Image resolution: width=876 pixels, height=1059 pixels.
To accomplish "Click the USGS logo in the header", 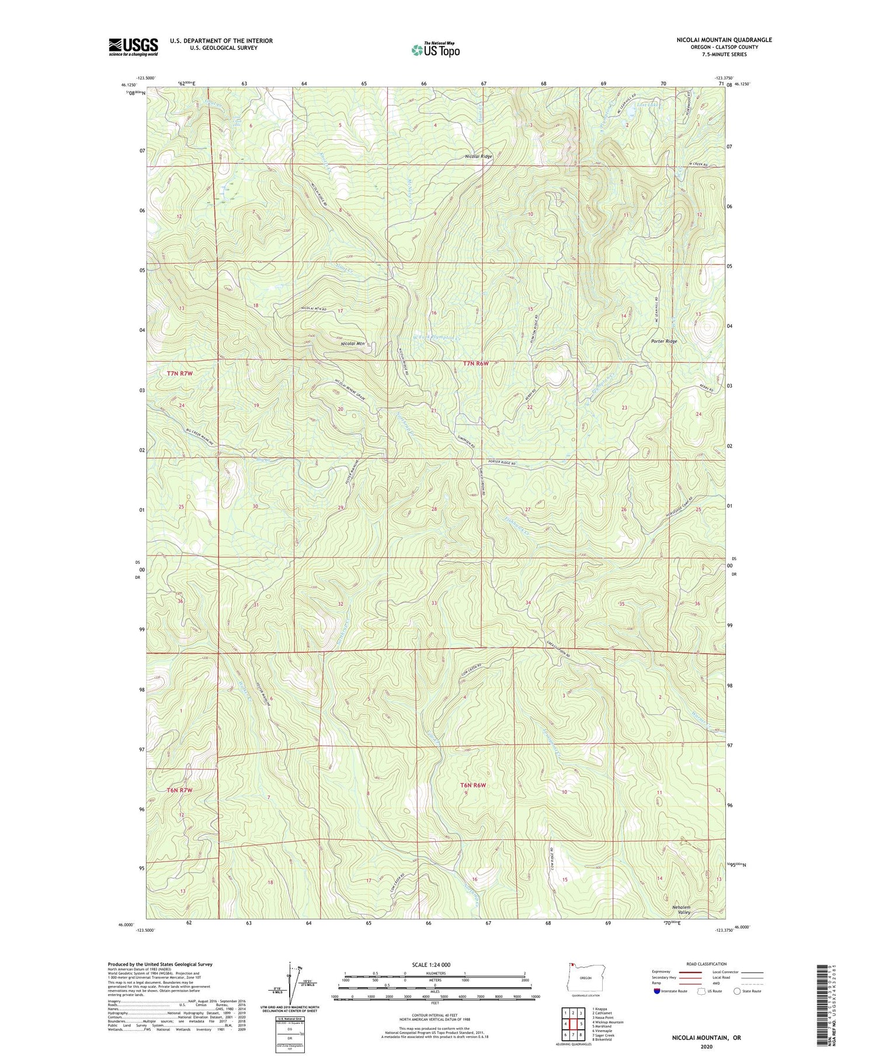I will (133, 47).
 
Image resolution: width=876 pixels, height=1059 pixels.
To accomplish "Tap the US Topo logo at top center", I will (435, 50).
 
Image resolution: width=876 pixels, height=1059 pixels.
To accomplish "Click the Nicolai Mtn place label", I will (353, 344).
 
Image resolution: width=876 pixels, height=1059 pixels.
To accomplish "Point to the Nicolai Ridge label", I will (478, 157).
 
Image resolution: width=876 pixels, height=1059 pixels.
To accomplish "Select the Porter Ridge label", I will (664, 341).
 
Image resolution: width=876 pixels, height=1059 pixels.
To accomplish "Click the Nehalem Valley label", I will (680, 909).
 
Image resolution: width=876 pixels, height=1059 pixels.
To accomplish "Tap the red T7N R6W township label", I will (475, 363).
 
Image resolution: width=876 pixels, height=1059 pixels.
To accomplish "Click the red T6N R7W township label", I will (179, 790).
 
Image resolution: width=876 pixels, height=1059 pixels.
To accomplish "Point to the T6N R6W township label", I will (473, 785).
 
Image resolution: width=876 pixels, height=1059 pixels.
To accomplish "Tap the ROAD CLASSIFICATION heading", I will (707, 964).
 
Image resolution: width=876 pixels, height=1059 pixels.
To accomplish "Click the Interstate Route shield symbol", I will (657, 991).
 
